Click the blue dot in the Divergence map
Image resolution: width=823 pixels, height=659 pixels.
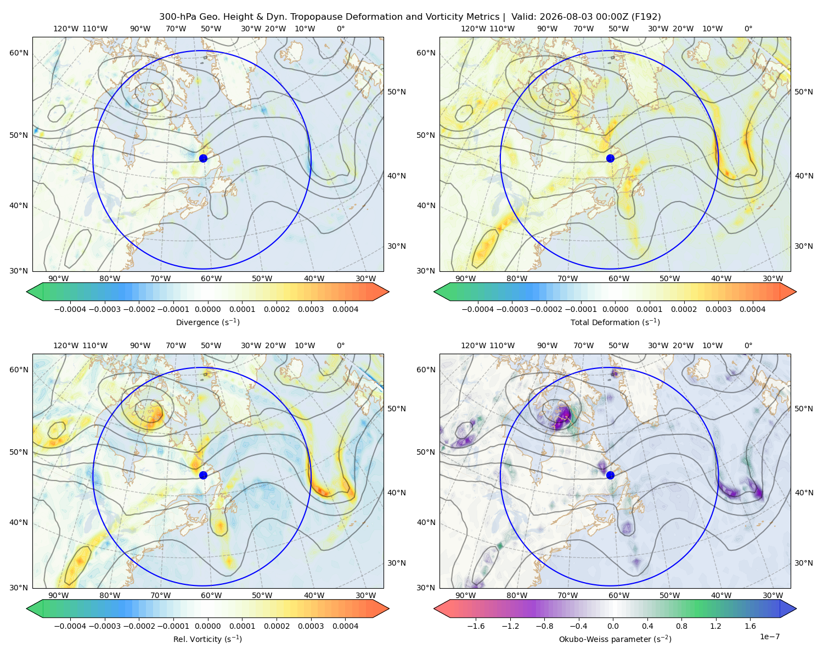click(x=203, y=158)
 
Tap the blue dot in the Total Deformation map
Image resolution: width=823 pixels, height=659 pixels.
click(x=610, y=158)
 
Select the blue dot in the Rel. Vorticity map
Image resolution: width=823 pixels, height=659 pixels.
click(x=203, y=475)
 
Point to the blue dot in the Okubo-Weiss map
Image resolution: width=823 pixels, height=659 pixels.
click(x=610, y=475)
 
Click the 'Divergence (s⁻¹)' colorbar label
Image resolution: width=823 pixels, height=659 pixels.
click(x=207, y=322)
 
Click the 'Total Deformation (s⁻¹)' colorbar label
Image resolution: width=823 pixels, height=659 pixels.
click(x=615, y=322)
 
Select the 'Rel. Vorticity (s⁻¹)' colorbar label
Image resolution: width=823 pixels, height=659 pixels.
click(x=207, y=639)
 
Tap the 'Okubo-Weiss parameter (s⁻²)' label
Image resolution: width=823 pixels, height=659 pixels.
click(x=615, y=639)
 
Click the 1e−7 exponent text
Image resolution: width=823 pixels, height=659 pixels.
click(x=769, y=636)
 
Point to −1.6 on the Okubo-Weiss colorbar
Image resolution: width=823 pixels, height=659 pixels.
click(x=476, y=626)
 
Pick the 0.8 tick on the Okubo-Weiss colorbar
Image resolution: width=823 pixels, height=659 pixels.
click(x=681, y=626)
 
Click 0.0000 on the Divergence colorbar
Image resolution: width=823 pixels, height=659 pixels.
click(x=207, y=309)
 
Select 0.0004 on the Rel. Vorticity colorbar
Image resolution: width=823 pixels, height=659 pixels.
click(x=345, y=626)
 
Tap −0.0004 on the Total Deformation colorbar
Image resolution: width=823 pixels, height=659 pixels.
click(x=478, y=309)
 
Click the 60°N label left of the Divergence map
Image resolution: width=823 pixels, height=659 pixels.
click(x=19, y=53)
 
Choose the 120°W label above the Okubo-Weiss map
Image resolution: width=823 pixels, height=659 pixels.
click(x=473, y=345)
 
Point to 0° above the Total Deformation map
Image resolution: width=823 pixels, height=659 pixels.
click(x=748, y=29)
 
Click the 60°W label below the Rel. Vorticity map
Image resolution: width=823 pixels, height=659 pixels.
click(x=211, y=595)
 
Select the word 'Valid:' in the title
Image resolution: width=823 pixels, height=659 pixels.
click(x=523, y=17)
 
